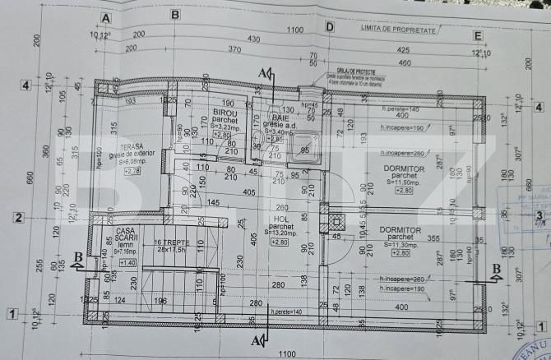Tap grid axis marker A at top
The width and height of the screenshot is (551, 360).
point(105,16)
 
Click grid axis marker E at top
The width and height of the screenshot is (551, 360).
point(477,35)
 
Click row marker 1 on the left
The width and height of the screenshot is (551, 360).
point(12,312)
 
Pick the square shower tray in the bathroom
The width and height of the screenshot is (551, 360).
point(305,146)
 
